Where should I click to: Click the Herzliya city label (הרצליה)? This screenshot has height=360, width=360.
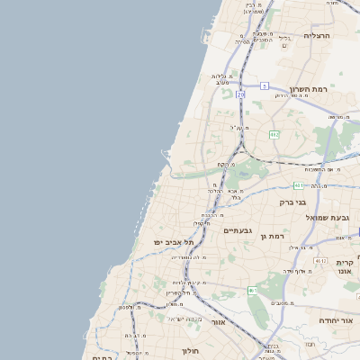coord(318,35)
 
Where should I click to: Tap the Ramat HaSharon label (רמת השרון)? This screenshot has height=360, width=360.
coord(310,90)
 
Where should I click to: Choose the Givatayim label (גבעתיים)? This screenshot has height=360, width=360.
coord(238,230)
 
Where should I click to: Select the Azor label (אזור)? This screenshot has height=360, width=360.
coord(219,321)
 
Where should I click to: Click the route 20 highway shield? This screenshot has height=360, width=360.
coord(241,94)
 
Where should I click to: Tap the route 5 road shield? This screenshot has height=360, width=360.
coord(265,85)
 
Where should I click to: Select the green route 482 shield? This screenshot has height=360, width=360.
coord(274,134)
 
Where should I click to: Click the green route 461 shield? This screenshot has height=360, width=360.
coord(252,291)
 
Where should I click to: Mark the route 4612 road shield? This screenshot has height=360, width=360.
coord(319,261)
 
